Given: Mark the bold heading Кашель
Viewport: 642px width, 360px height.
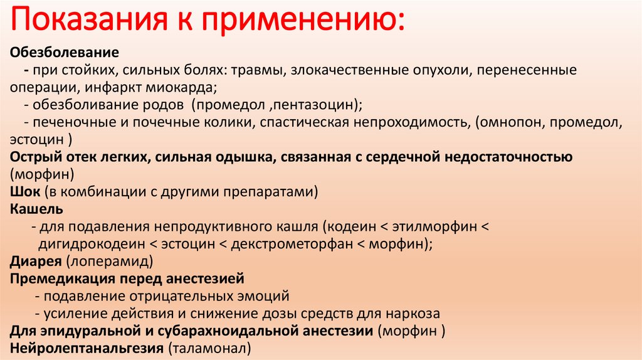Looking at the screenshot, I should (x=36, y=208).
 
